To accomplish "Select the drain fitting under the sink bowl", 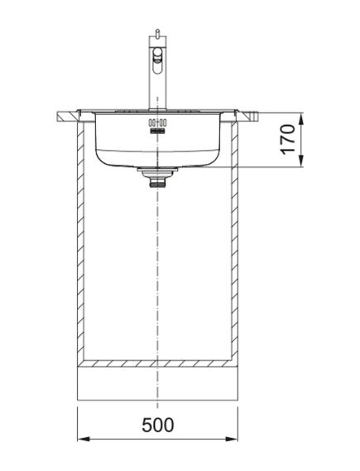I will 156,172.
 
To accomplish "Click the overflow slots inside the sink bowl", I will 156,126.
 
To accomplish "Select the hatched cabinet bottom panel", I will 156,364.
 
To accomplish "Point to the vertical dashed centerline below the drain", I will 156,265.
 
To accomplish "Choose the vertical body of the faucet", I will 154,83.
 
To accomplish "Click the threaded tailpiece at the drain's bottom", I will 156,184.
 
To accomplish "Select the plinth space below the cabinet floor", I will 156,385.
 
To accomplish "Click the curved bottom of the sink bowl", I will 156,162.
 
